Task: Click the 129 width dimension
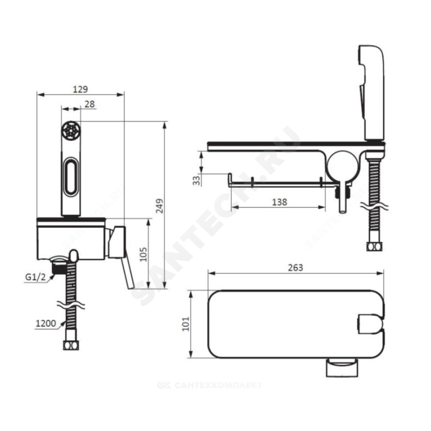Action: tap(80, 89)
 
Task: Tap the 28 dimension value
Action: tap(90, 104)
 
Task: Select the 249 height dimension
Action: tap(160, 206)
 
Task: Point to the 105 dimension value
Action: tap(143, 254)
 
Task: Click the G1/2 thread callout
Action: tap(35, 277)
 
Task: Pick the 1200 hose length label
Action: tap(46, 323)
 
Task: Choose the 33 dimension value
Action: tap(197, 181)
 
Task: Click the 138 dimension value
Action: tap(279, 202)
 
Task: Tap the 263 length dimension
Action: tap(296, 268)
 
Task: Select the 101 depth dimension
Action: tap(186, 324)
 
